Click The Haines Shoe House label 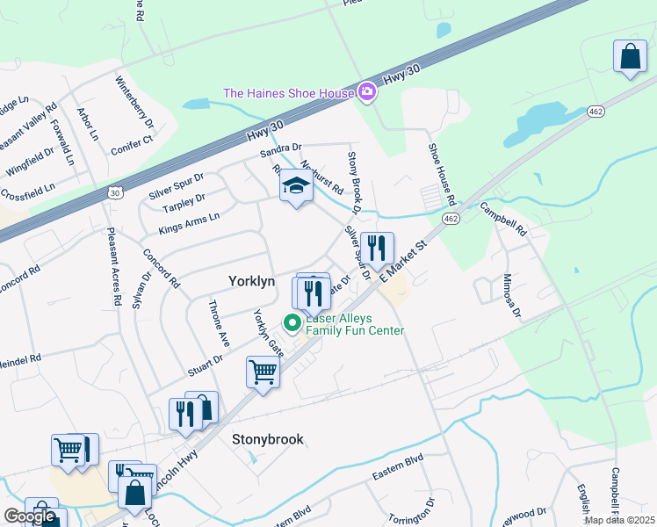coord(288,93)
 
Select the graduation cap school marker coord(296,186)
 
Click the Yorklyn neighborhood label coord(252,281)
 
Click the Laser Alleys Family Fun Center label coord(354,324)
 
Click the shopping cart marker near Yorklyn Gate coord(263,372)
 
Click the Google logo coord(29,516)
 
